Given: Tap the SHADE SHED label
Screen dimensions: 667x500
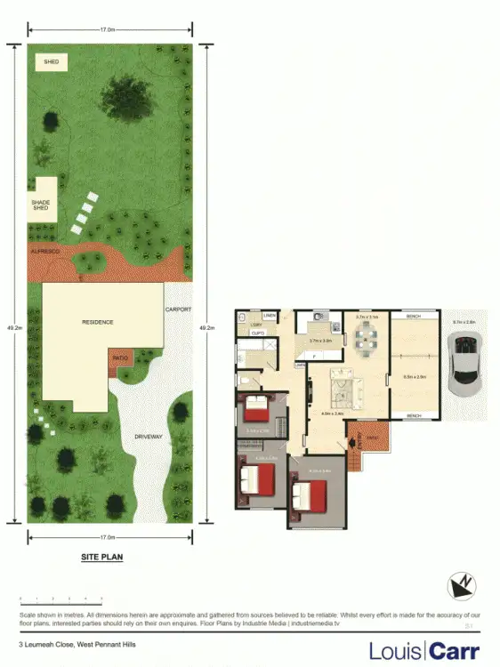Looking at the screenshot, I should (x=41, y=205).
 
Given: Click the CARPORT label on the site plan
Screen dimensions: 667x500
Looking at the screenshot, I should (x=177, y=309).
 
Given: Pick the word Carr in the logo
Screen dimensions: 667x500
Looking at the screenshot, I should (x=454, y=651).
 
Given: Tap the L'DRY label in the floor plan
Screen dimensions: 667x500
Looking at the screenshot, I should (x=254, y=325).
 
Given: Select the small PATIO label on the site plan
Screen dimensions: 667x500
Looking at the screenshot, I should (x=119, y=358).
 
